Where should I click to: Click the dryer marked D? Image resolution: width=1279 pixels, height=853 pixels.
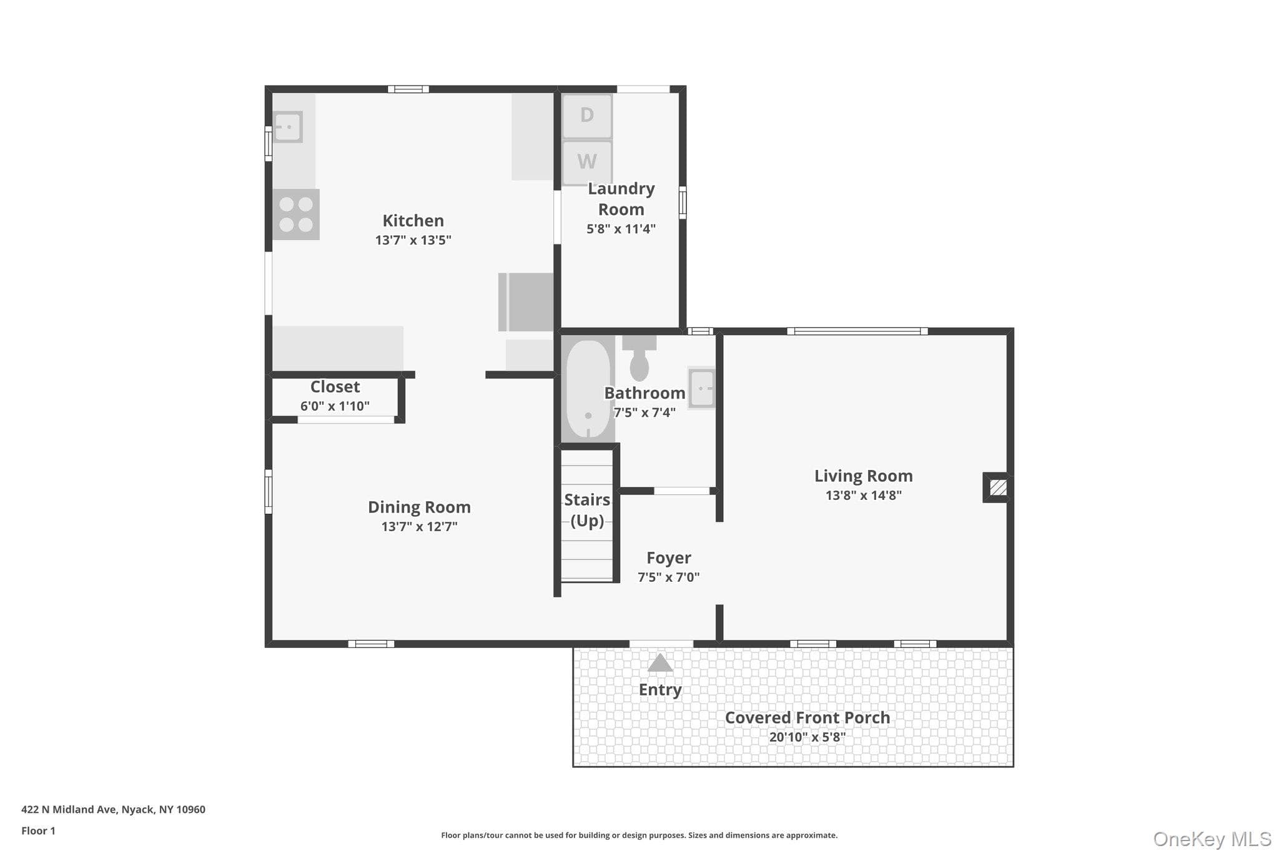tap(587, 116)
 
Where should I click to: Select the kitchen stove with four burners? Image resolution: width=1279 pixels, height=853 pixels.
tap(296, 214)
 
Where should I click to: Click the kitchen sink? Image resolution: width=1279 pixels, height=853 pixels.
tap(288, 127)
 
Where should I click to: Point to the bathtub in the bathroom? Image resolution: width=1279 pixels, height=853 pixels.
tap(588, 389)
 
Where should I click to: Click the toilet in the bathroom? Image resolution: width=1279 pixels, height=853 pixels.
tap(639, 358)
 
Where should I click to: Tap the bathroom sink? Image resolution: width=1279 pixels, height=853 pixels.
tap(701, 388)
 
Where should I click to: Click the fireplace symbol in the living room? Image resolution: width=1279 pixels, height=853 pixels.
tap(997, 487)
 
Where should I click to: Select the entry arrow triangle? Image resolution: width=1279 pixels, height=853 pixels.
tap(660, 662)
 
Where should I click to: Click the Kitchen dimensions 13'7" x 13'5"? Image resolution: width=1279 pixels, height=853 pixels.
tap(413, 240)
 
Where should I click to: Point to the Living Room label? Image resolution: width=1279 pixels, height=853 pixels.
tap(863, 476)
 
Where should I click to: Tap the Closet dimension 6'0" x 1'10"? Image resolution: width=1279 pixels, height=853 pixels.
tap(335, 406)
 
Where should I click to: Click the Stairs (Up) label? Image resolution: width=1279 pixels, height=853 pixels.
tap(587, 510)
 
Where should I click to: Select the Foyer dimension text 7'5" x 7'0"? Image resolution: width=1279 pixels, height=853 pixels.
tap(668, 577)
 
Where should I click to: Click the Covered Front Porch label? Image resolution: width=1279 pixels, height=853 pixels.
tap(807, 717)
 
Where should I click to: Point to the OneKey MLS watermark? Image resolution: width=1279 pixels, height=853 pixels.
tap(1212, 839)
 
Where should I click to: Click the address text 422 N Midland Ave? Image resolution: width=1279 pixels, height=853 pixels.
tap(69, 809)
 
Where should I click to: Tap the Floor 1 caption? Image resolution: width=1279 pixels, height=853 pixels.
tap(38, 831)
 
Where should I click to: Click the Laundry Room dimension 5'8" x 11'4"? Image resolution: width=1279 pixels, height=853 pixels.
tap(621, 229)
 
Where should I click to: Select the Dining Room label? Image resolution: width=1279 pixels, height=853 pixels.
tap(419, 507)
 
